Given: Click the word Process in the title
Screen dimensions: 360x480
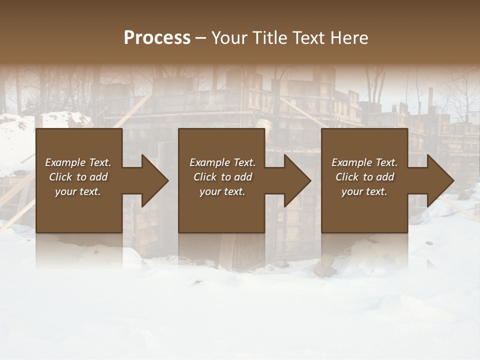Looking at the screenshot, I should [x=157, y=38].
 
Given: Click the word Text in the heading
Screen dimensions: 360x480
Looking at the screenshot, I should [x=309, y=38].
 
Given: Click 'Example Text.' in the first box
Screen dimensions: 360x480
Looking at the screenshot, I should [x=78, y=162].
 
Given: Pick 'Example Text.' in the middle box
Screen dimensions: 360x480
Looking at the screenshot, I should [x=222, y=162].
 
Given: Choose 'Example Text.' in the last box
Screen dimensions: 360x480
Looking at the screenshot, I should [x=364, y=162].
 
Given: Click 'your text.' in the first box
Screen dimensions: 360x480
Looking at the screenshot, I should [x=78, y=191].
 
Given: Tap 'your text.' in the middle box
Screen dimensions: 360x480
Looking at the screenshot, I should [x=222, y=191].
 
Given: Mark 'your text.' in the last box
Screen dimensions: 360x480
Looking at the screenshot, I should [x=364, y=191].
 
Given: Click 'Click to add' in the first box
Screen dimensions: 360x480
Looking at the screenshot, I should [x=78, y=177].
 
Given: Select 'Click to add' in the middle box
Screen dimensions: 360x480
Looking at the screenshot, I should [x=222, y=177].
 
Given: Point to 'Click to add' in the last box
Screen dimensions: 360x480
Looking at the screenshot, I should [x=364, y=177].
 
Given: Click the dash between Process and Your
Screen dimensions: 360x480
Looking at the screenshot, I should [x=200, y=38].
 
